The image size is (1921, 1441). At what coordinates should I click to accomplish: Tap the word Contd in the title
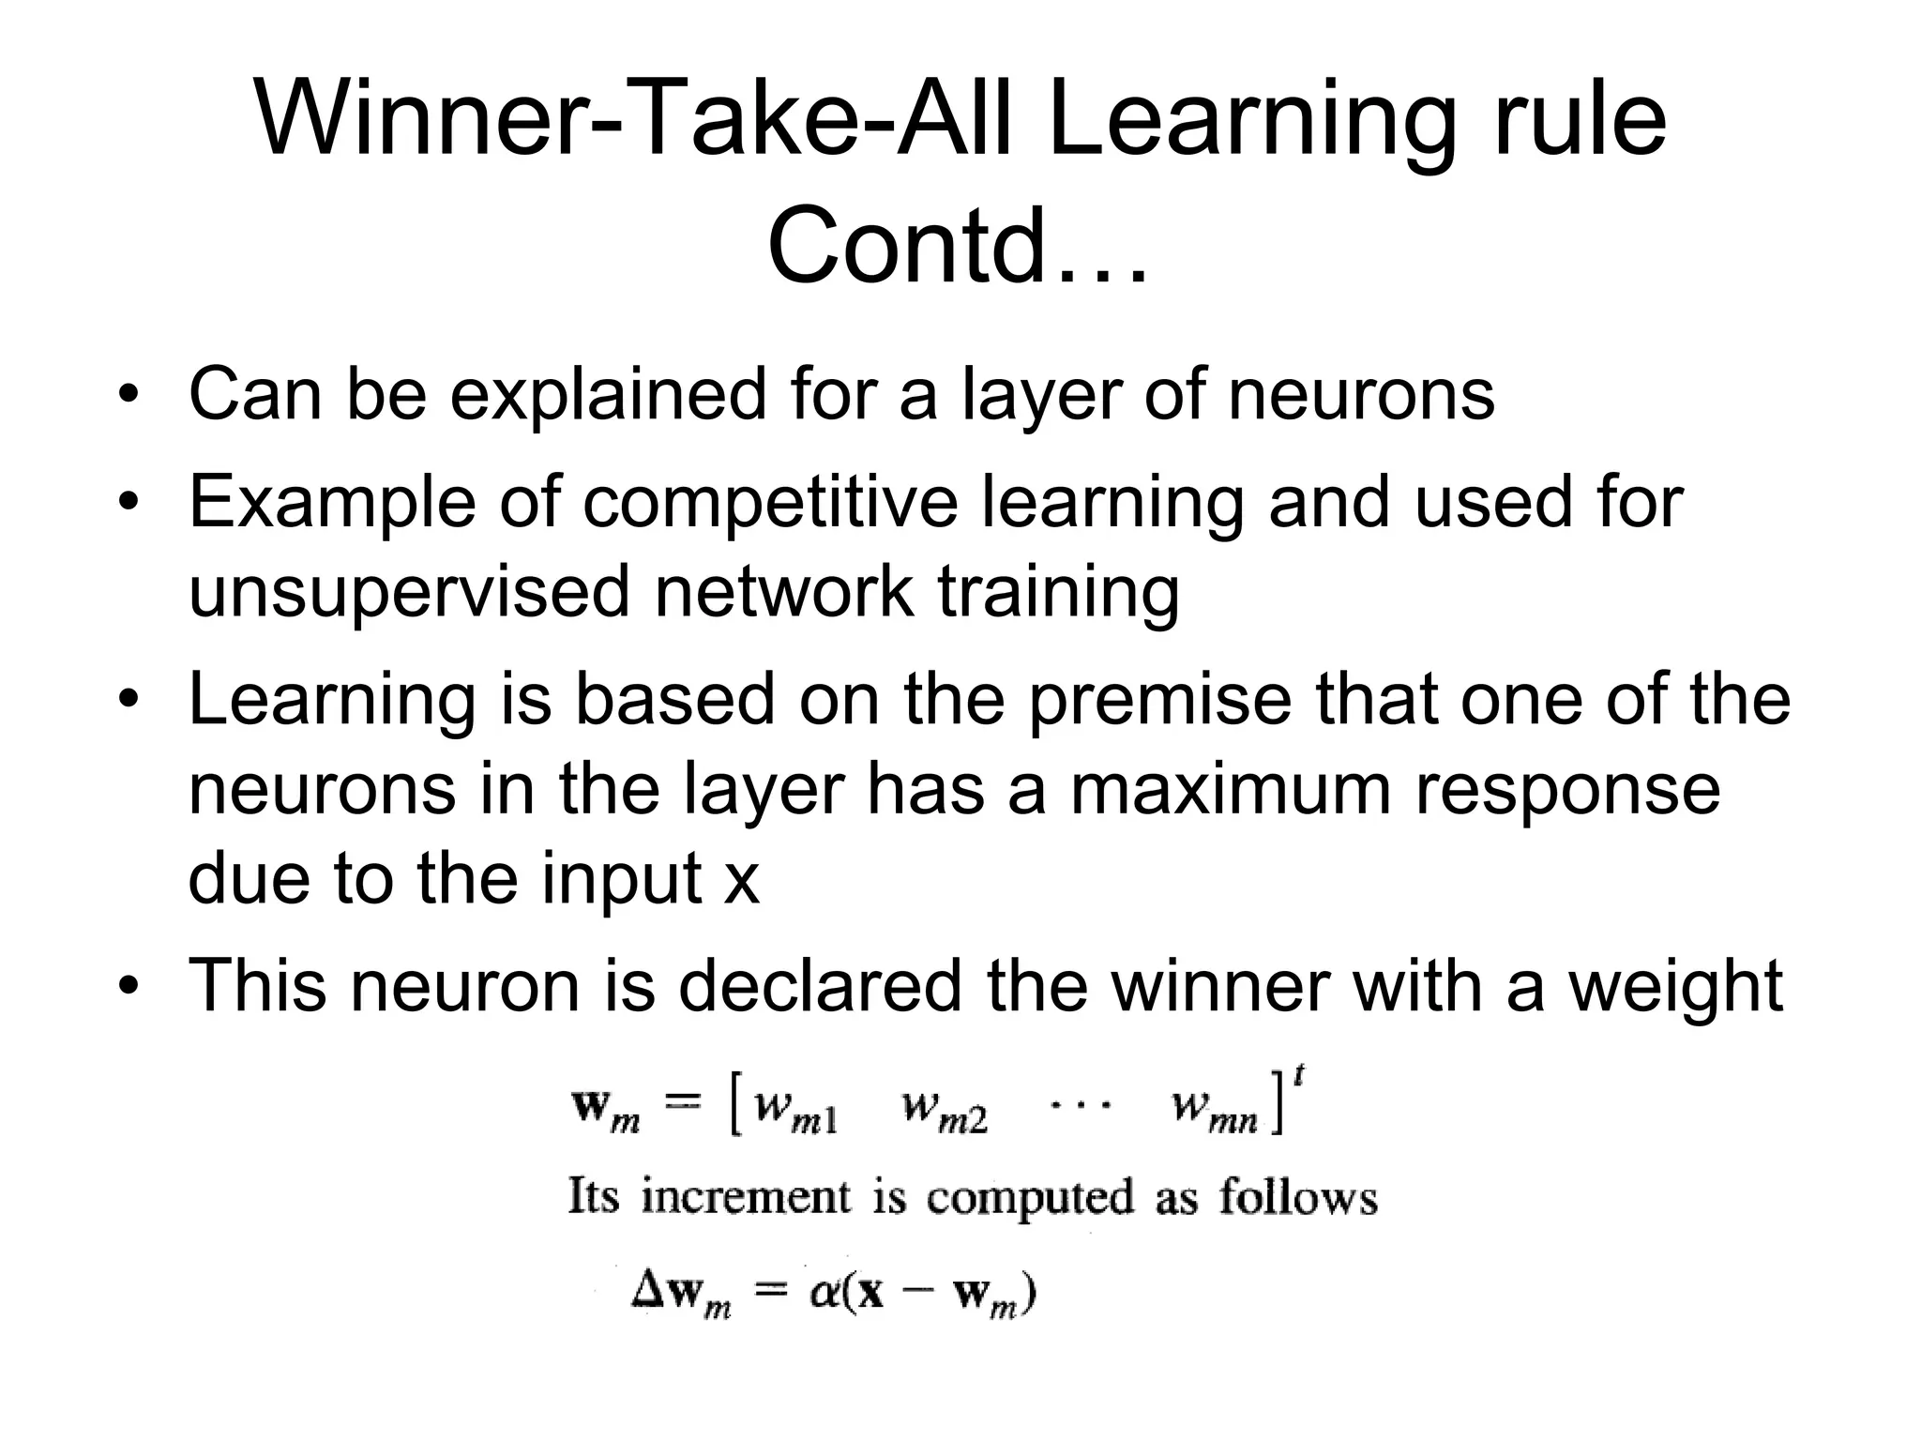(x=905, y=247)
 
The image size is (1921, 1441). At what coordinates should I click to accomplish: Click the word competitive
(x=770, y=502)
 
